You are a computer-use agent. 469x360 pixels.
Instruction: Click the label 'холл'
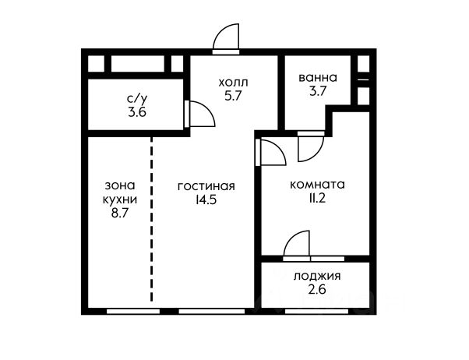coord(233,82)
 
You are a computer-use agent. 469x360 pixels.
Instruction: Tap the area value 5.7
coord(233,96)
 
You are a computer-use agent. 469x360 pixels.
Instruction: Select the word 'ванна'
coord(318,77)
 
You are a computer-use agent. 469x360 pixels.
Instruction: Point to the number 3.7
coord(318,90)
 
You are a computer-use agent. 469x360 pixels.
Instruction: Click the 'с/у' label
coord(137,98)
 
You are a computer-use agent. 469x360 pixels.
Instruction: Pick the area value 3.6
coord(137,112)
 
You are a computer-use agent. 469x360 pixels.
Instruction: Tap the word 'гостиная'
coord(206,186)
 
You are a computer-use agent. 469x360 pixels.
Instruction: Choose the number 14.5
coord(206,199)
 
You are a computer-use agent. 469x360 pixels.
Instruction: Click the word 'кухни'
coord(120,199)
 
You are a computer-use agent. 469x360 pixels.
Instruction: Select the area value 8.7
coord(120,214)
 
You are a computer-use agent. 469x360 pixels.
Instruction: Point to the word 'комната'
coord(317,185)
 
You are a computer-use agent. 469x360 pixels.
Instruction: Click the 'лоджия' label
coord(317,276)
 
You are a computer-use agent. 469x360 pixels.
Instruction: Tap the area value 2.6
coord(317,289)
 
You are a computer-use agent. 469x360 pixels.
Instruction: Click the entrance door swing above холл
coord(226,39)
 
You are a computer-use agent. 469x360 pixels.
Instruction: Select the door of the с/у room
coord(199,114)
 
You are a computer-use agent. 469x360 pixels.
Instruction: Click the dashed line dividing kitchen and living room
coord(152,219)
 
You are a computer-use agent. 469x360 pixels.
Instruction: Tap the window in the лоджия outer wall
coord(317,312)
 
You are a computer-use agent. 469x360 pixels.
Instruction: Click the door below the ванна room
coord(311,146)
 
